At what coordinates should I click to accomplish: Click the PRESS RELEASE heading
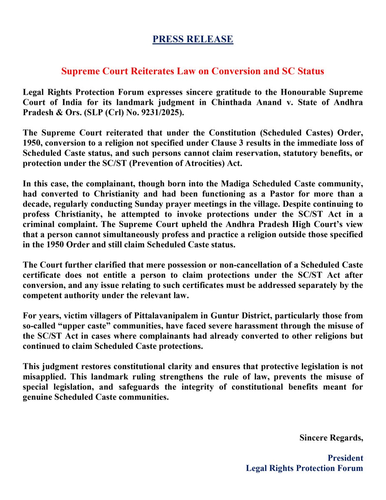click(193, 40)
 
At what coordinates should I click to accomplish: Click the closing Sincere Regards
click(331, 438)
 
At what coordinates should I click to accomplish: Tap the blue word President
click(345, 458)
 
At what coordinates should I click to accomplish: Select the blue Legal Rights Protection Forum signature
click(304, 468)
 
